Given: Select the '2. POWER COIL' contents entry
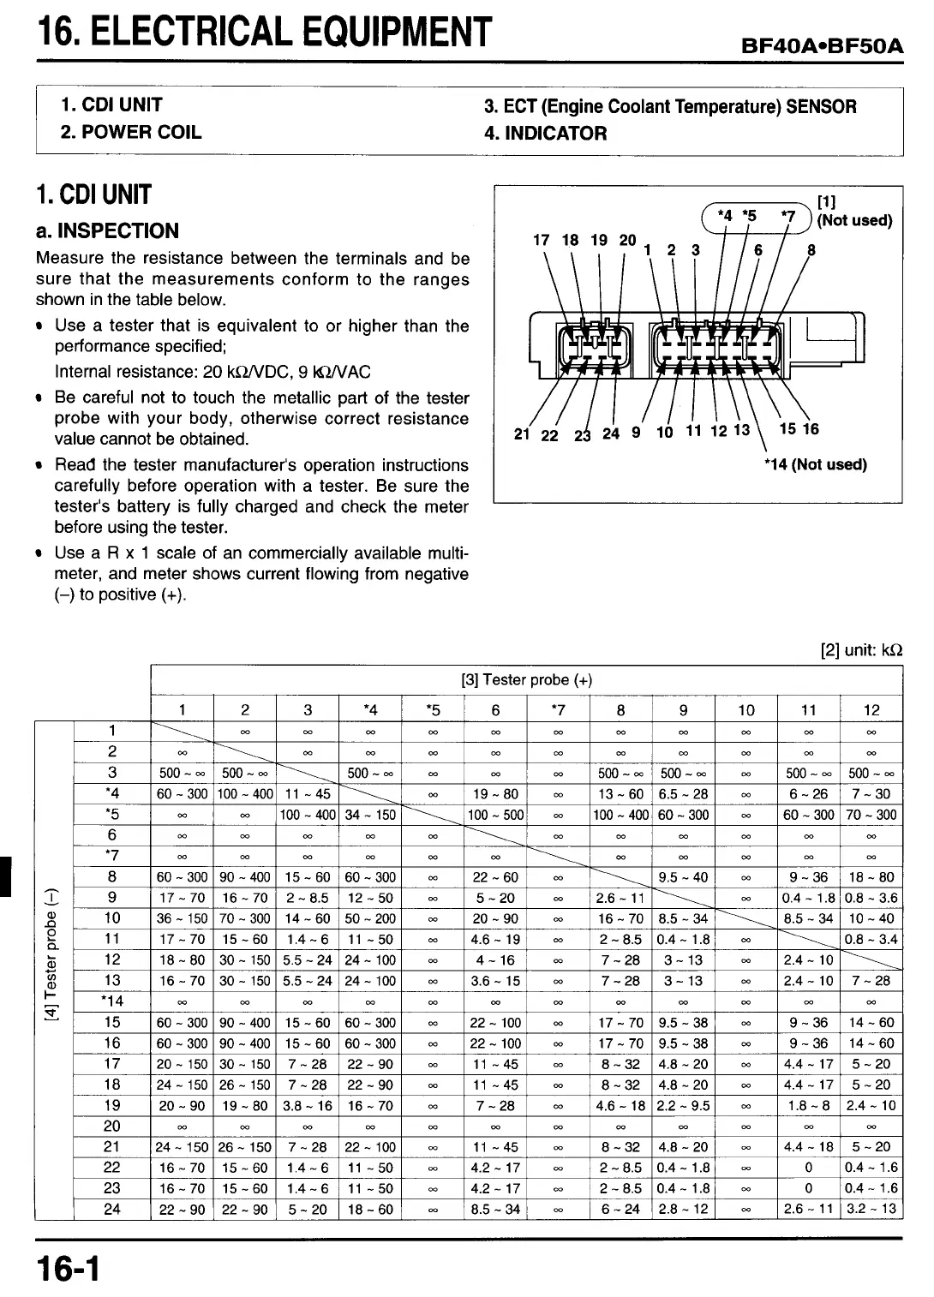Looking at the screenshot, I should pyautogui.click(x=131, y=132).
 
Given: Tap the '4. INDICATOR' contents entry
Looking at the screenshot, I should pyautogui.click(x=545, y=134).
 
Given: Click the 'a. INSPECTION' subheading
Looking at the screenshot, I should pyautogui.click(x=107, y=230).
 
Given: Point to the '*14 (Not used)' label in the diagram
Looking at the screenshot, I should pyautogui.click(x=815, y=465).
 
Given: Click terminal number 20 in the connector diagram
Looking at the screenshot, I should pyautogui.click(x=627, y=241).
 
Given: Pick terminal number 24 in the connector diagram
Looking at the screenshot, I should pyautogui.click(x=611, y=433).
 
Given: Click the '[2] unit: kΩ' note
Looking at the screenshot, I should pyautogui.click(x=861, y=650).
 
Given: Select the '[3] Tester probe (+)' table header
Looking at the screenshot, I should pyautogui.click(x=526, y=680).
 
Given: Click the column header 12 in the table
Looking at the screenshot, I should pyautogui.click(x=871, y=709).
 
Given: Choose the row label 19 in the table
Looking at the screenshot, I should pyautogui.click(x=112, y=1105).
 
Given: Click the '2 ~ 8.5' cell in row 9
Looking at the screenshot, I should pyautogui.click(x=308, y=898).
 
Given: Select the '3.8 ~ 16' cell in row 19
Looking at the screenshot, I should pyautogui.click(x=308, y=1105).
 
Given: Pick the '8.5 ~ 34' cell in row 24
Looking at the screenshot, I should pyautogui.click(x=495, y=1209).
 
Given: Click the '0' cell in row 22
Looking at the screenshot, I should pyautogui.click(x=808, y=1167).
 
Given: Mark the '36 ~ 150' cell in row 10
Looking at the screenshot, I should pyautogui.click(x=182, y=918).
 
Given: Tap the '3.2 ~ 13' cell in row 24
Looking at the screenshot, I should pyautogui.click(x=871, y=1209).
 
